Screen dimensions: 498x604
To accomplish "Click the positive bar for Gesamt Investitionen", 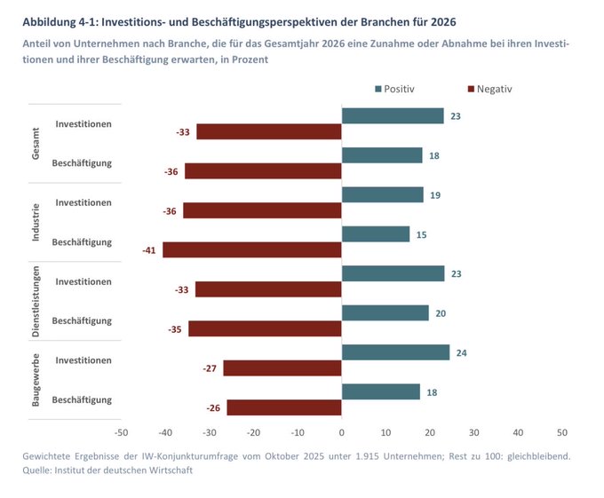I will (x=393, y=115).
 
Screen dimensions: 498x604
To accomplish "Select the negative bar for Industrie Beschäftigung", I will (x=252, y=250).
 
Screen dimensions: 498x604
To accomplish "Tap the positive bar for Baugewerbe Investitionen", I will (x=395, y=352).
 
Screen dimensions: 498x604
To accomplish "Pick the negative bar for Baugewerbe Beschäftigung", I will (x=284, y=407).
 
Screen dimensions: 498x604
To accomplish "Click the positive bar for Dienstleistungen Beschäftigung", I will (x=385, y=312).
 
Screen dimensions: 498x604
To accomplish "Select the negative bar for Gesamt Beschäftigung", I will (x=263, y=171).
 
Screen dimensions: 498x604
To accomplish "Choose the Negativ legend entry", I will (x=489, y=89).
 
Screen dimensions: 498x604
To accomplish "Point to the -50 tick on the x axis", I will (x=122, y=432).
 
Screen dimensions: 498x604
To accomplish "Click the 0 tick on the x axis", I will (x=342, y=432).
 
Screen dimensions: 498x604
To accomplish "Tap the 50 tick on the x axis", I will (x=561, y=432).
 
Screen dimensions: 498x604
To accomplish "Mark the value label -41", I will (x=148, y=250).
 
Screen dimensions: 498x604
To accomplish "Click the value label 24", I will (x=462, y=352).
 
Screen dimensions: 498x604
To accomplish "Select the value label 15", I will (x=423, y=234).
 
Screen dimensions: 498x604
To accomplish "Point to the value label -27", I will (x=210, y=368).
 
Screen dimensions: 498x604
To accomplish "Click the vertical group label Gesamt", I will (x=36, y=144).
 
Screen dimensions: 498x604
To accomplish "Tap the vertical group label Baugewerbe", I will (x=36, y=380).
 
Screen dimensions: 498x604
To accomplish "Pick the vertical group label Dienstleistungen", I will (x=36, y=301).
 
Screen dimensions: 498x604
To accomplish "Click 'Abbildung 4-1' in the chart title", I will (x=61, y=20).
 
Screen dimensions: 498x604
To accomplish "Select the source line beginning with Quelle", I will (x=107, y=470).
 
